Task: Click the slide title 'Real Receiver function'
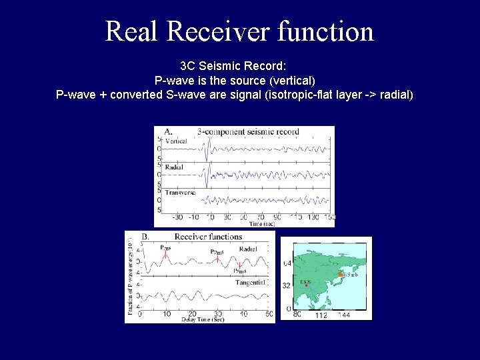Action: pos(239,31)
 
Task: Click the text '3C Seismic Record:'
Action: pos(233,67)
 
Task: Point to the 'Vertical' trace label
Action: pos(176,141)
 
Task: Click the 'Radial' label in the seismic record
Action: pos(174,167)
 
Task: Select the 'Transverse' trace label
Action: pos(180,193)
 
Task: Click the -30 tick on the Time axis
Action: pos(177,217)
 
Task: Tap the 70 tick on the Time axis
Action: pos(261,217)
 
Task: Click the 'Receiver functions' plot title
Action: pos(208,237)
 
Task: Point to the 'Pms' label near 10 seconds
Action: pos(165,247)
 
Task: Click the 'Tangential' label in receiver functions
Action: pos(250,283)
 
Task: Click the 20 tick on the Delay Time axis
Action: pos(192,313)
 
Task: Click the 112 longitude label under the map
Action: pos(321,315)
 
